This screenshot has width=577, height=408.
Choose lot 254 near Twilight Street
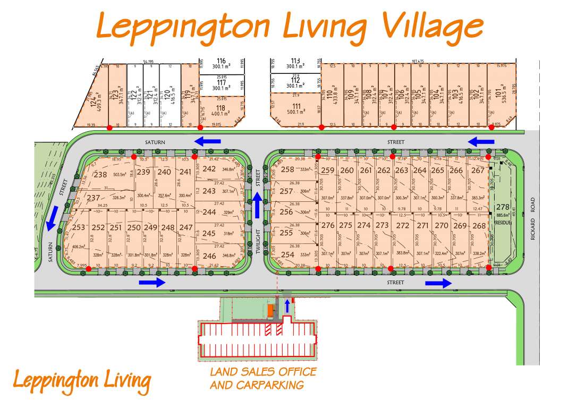tap(287, 254)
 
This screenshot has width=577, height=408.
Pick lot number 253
tap(79, 227)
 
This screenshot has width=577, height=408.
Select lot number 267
tap(478, 170)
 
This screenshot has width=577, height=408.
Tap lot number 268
tap(479, 225)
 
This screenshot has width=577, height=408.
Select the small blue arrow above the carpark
tap(287, 306)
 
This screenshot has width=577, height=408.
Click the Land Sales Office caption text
tap(263, 378)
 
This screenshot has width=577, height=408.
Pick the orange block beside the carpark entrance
tap(270, 311)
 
